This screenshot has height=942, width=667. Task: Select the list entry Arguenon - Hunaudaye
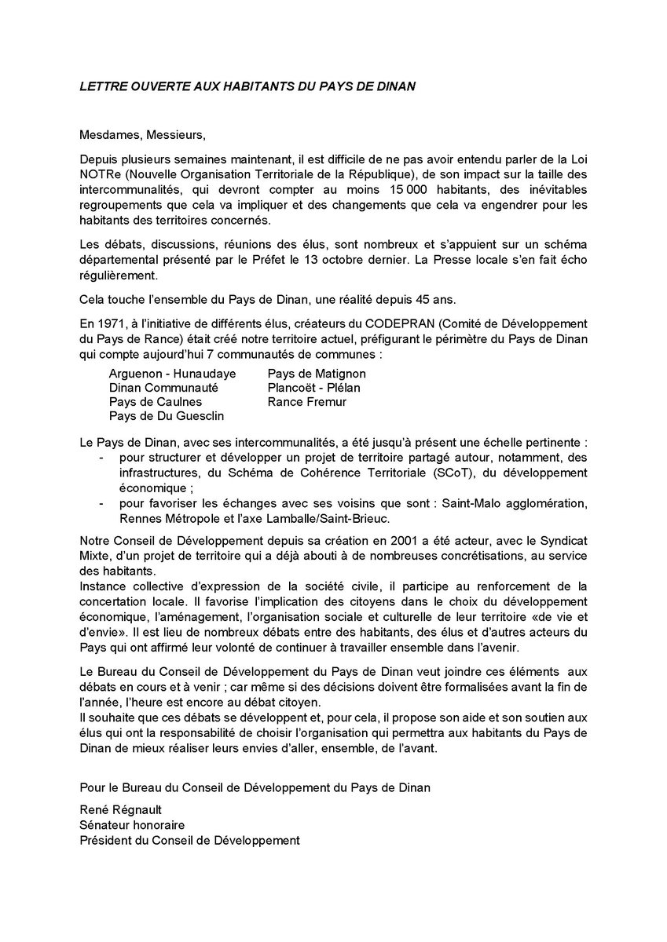[172, 374]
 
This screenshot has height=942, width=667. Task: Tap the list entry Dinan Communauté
[163, 388]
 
